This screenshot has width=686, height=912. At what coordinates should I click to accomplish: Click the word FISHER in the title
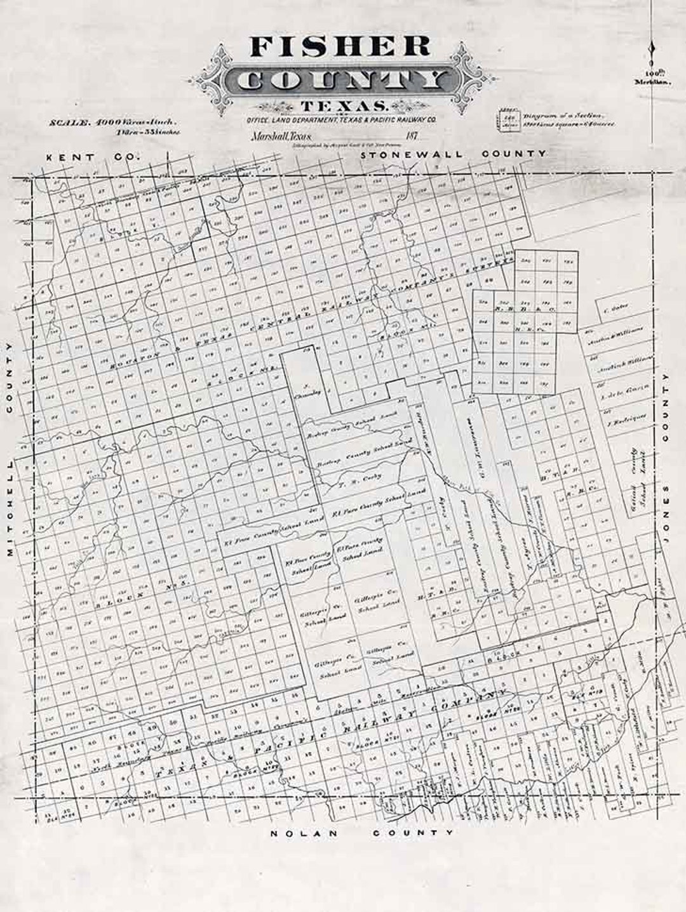pos(340,48)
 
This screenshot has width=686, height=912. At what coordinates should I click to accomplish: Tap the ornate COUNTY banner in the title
pos(343,81)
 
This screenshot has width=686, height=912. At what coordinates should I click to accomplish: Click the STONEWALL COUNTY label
pos(453,154)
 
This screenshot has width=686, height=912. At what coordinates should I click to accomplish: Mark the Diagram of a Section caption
pos(562,116)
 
